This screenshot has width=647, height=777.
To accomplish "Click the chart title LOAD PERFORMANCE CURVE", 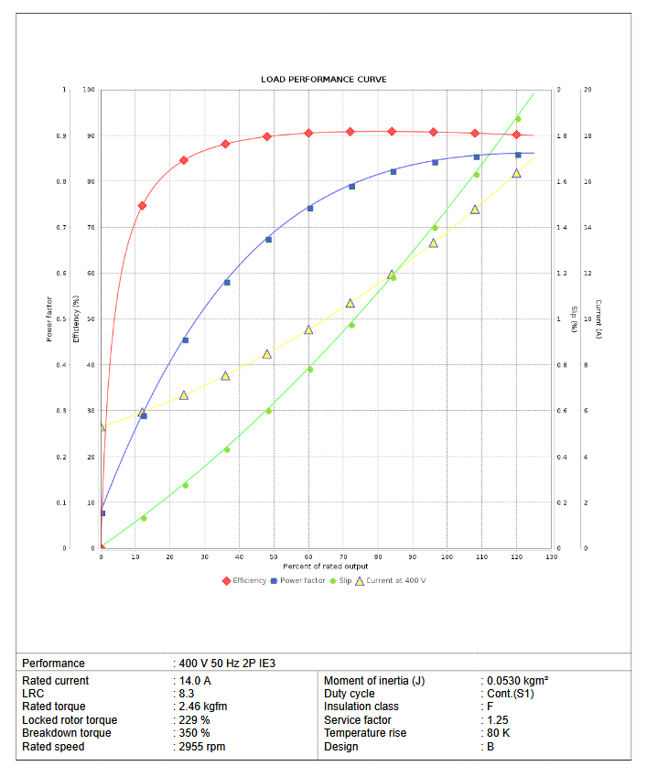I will tap(323, 80).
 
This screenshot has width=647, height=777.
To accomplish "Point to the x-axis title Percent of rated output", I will tap(325, 567).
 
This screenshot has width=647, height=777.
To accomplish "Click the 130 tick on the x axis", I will tap(551, 556).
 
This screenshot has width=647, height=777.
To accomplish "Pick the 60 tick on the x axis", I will tap(308, 556).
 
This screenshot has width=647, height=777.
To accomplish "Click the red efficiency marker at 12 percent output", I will tap(142, 206).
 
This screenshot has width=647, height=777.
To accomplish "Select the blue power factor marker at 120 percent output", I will tap(518, 155).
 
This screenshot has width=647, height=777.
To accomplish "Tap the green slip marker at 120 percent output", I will tap(518, 119).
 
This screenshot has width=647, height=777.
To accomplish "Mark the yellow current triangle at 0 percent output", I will tap(102, 426).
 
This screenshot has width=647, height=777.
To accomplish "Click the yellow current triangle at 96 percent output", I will tap(434, 243).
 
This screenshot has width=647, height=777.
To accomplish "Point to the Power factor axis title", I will tap(49, 319).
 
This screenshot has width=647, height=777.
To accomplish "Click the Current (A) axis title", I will tap(598, 319).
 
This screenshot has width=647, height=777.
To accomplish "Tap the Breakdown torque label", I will tap(67, 733).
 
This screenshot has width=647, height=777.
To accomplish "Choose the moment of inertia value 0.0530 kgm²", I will tap(516, 681).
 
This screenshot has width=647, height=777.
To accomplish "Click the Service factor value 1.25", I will tap(497, 720).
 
